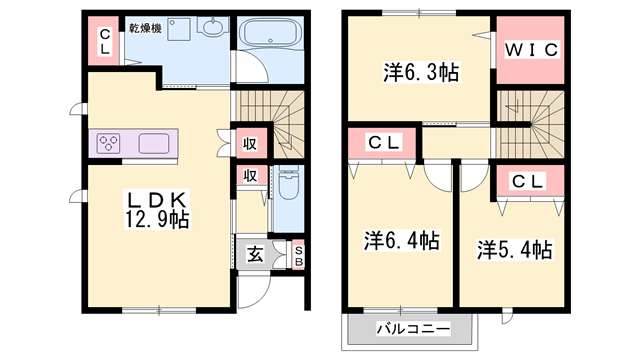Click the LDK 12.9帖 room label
point(156,210)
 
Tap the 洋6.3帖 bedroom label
point(421,73)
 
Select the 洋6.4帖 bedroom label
point(402,240)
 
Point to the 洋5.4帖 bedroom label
point(515,249)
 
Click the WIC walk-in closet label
point(531,50)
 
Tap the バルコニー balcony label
point(413,329)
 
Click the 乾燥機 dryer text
point(145,28)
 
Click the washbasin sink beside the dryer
point(213,26)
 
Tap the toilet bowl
point(289,184)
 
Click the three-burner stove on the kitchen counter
point(109,143)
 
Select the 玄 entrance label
point(255,255)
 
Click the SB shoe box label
point(299,256)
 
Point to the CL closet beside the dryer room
point(104,41)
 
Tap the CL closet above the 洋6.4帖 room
point(383,142)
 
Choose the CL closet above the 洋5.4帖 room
point(529,182)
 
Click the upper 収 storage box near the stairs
point(250,144)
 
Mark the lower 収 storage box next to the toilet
point(251,176)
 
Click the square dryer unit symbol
point(179,29)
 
